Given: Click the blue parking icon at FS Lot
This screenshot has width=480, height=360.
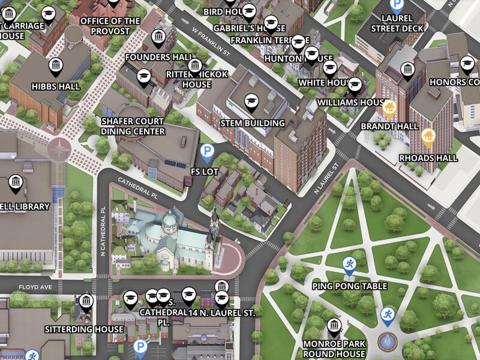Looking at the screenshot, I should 207,152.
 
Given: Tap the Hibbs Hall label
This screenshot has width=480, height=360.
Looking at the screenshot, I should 55,86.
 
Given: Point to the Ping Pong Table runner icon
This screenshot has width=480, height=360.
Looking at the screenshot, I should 349,264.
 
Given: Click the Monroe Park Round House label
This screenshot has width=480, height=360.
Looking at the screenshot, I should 334,348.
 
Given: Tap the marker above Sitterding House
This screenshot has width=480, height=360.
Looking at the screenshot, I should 86,301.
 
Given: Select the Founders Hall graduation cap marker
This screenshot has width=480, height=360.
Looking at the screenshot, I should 143,76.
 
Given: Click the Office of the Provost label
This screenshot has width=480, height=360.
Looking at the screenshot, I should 110,25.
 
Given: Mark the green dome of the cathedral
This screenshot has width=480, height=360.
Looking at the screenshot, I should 170,220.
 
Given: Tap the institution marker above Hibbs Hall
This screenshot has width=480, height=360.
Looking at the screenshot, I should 55,66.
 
